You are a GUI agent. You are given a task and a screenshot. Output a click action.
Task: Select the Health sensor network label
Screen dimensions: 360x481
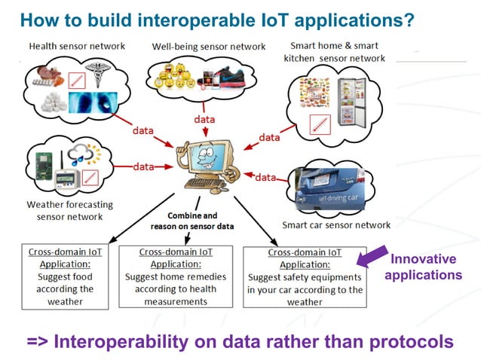tap(77, 46)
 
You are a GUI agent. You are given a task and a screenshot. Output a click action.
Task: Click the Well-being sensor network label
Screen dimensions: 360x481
tap(209, 47)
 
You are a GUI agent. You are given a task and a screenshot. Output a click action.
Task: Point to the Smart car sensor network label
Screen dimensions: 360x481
tap(336, 224)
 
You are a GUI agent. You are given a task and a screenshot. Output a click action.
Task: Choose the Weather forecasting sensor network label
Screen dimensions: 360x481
tap(69, 210)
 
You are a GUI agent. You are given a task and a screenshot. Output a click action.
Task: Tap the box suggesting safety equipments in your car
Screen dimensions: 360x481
tap(305, 276)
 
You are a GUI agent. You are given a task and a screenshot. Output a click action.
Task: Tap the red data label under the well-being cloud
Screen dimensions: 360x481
tap(204, 120)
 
